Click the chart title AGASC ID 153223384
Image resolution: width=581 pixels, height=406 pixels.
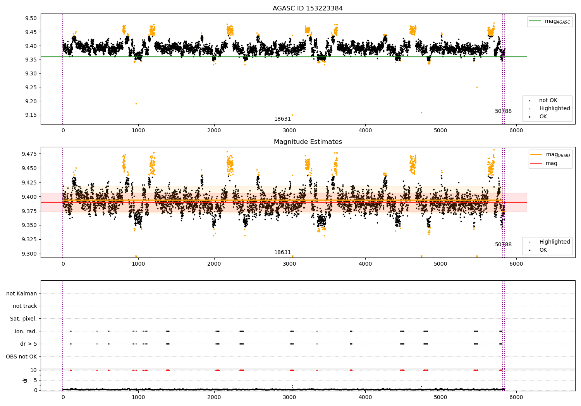(x=308, y=9)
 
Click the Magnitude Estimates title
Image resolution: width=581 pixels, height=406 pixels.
(x=308, y=142)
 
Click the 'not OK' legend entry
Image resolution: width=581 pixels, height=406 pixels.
(x=548, y=101)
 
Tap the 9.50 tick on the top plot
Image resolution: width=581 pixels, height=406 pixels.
(x=31, y=18)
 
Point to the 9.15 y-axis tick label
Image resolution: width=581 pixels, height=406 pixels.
(x=31, y=115)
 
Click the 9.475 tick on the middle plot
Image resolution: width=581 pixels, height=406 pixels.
(x=29, y=154)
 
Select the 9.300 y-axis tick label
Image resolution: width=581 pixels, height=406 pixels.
(x=29, y=254)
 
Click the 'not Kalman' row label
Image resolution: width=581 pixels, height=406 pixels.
(x=22, y=293)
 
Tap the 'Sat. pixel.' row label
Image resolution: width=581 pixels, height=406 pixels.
(x=24, y=319)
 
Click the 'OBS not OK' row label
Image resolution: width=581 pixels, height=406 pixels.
(x=22, y=357)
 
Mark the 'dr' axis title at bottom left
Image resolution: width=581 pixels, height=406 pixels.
(x=25, y=380)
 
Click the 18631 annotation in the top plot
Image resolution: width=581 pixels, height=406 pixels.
(x=282, y=119)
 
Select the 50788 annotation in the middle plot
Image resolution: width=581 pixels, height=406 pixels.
(x=503, y=245)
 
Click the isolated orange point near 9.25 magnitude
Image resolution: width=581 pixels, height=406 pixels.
(x=477, y=87)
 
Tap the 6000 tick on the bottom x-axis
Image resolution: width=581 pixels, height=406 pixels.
(x=516, y=397)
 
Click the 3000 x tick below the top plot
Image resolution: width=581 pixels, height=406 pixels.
(x=289, y=131)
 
